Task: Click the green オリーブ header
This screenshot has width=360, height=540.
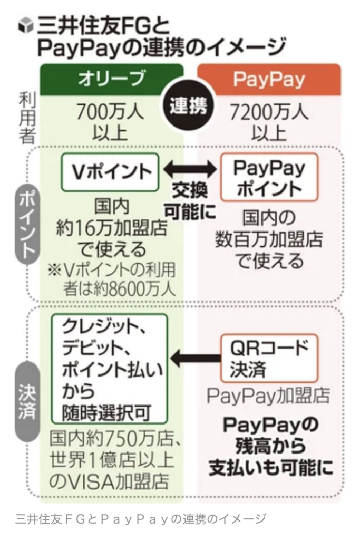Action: [111, 79]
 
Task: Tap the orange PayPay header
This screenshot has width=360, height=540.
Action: [269, 79]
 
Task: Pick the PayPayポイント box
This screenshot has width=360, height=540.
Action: [269, 177]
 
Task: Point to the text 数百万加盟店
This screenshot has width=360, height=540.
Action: [269, 239]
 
